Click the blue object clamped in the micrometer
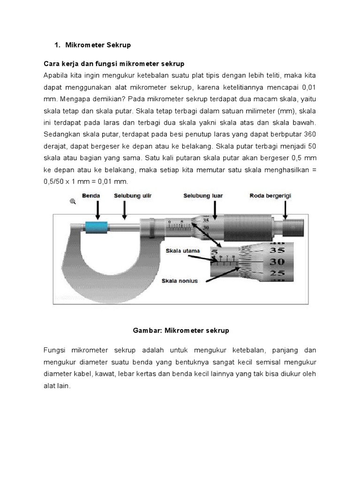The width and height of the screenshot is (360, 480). [96, 228]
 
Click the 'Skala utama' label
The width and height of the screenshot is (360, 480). [183, 251]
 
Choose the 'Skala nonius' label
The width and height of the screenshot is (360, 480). [180, 281]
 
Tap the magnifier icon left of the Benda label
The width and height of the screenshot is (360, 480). [73, 201]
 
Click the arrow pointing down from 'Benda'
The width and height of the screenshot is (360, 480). [97, 210]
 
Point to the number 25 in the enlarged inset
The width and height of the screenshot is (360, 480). [277, 273]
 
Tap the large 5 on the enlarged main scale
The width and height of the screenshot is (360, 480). [215, 253]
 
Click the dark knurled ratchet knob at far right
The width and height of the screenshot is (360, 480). [292, 226]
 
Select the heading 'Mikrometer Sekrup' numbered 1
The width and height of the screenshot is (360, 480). [98, 45]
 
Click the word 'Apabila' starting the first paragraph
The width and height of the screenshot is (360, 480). [55, 75]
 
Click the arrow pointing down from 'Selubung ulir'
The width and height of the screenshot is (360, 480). [124, 210]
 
